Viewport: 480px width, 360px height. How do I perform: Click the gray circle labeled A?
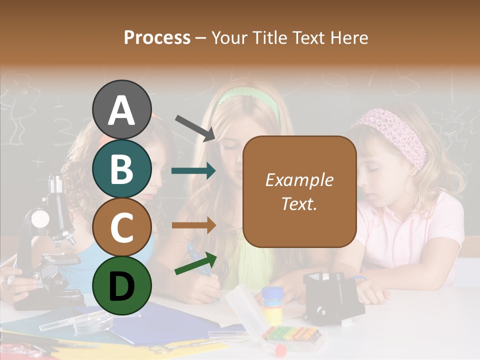(121, 109)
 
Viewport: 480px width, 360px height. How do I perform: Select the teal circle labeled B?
(121, 168)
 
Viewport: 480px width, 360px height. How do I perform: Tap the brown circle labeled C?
(121, 227)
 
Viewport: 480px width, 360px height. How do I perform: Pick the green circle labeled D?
(121, 285)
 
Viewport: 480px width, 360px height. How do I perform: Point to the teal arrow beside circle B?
(193, 171)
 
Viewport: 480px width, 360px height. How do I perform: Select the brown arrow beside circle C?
(193, 225)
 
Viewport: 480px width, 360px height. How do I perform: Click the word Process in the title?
(157, 37)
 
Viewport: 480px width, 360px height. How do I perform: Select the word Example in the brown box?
(299, 180)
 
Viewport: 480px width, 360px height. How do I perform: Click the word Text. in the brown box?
(299, 203)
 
